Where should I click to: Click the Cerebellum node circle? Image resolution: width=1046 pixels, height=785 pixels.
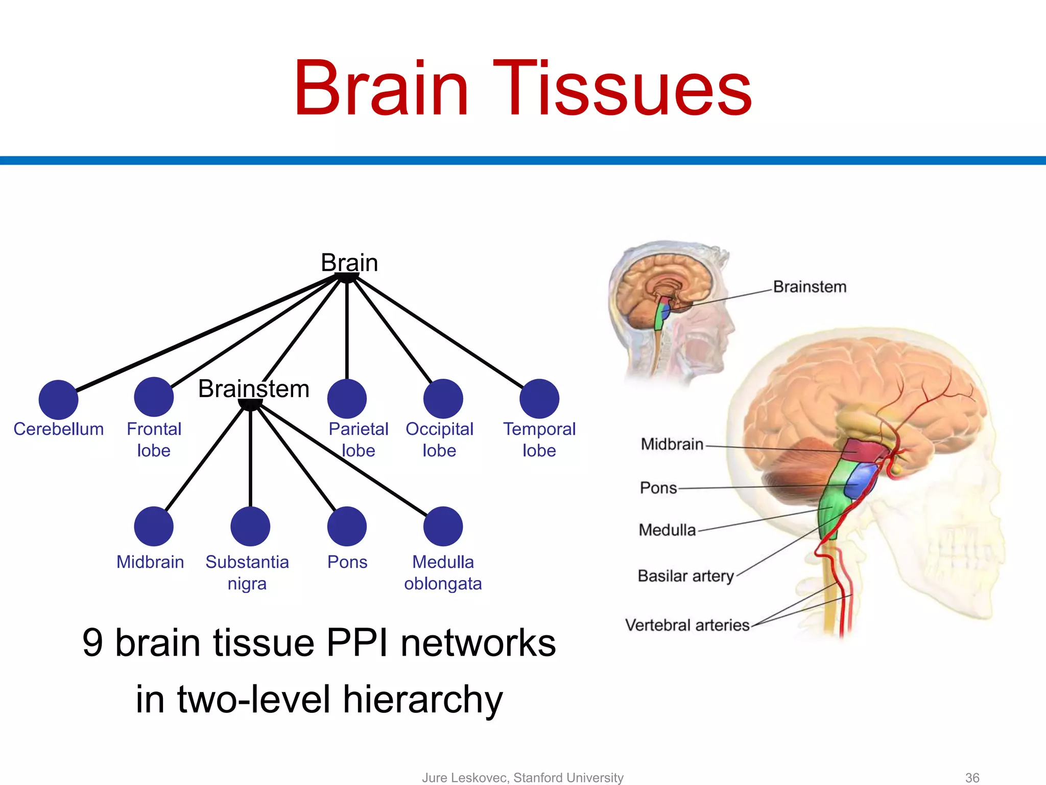(58, 400)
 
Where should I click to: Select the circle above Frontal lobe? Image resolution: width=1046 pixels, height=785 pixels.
(154, 397)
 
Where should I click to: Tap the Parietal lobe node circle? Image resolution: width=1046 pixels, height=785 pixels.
(347, 399)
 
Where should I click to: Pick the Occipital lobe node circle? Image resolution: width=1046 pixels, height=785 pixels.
(443, 399)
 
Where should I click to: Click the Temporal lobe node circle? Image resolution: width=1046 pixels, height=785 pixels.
(539, 399)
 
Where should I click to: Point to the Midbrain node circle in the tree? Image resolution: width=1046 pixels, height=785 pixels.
(154, 526)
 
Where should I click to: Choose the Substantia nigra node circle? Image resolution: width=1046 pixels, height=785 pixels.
(250, 526)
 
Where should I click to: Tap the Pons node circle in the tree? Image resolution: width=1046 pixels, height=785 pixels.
(347, 526)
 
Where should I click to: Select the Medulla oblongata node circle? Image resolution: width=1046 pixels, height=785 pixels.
(443, 526)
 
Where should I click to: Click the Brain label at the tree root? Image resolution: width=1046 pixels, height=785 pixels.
(349, 263)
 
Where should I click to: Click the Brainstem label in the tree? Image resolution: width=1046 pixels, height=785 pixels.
(254, 389)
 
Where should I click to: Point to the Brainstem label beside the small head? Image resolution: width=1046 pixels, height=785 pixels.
(810, 287)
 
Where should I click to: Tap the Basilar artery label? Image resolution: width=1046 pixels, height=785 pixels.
(685, 576)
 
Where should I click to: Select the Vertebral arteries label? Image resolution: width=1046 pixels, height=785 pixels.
(687, 625)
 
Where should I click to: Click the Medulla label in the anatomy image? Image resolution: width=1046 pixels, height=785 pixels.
(667, 530)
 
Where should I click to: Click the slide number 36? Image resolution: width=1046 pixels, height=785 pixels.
(972, 777)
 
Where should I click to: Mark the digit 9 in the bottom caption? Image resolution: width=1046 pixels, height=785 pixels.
(92, 643)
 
